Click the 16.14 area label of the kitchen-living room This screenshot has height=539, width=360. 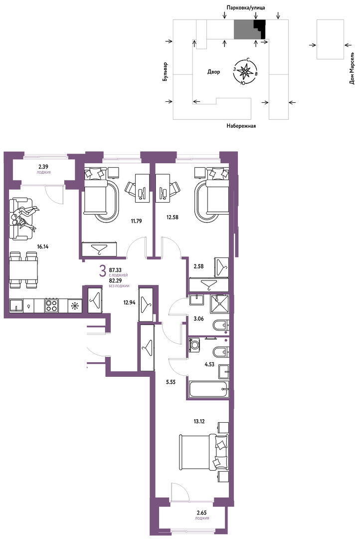point(43,246)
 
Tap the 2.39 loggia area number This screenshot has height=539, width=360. point(43,167)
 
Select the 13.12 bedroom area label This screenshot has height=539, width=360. point(199,421)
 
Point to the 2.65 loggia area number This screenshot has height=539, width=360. point(201,514)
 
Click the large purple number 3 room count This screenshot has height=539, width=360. point(102,272)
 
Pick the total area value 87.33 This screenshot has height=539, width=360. point(115,270)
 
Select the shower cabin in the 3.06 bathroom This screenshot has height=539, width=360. point(219,303)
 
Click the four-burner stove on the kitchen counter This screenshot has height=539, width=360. point(51,305)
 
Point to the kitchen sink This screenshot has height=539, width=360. point(16,305)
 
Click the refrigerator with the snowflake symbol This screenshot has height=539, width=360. point(74,305)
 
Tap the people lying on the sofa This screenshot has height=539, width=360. point(24,218)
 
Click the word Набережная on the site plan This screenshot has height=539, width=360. point(241,126)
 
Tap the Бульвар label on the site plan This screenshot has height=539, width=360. point(166,71)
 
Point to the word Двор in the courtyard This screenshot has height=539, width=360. point(214,72)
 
